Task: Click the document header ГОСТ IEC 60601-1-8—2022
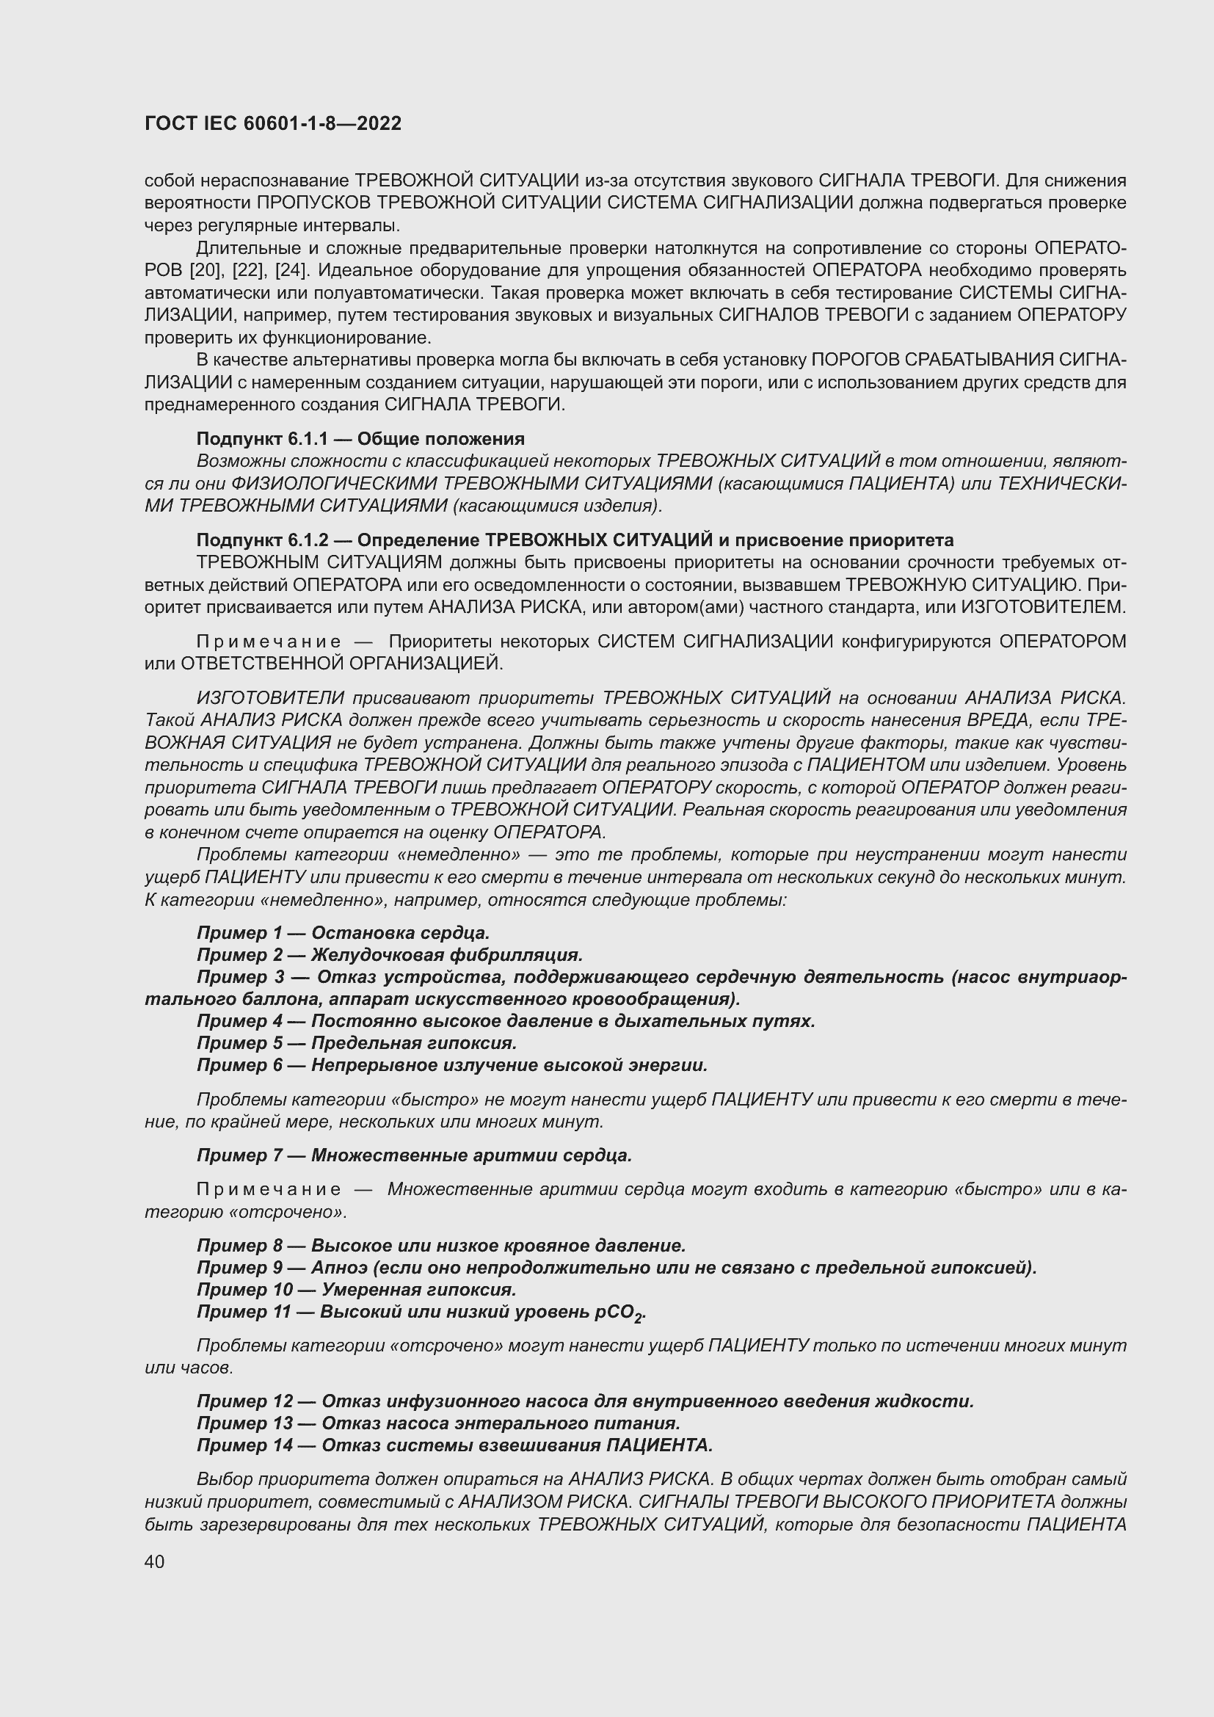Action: point(273,123)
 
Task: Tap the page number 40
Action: point(155,1561)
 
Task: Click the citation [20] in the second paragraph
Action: point(203,270)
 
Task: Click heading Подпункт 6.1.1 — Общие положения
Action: point(360,438)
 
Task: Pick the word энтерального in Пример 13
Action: point(524,1423)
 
